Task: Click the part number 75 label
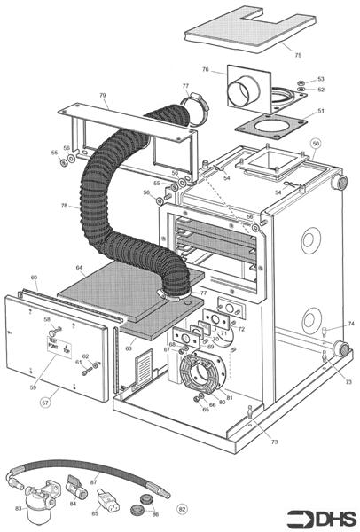pyautogui.click(x=298, y=55)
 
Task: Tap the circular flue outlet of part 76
pyautogui.click(x=242, y=93)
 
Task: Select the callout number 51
pyautogui.click(x=321, y=111)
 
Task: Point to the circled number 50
pyautogui.click(x=316, y=143)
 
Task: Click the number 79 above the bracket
pyautogui.click(x=103, y=95)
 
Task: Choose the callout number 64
pyautogui.click(x=79, y=267)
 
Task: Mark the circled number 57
pyautogui.click(x=45, y=402)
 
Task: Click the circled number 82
pyautogui.click(x=183, y=509)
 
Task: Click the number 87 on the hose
pyautogui.click(x=94, y=481)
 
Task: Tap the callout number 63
pyautogui.click(x=129, y=349)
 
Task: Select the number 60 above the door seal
pyautogui.click(x=34, y=278)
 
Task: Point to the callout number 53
pyautogui.click(x=321, y=79)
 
